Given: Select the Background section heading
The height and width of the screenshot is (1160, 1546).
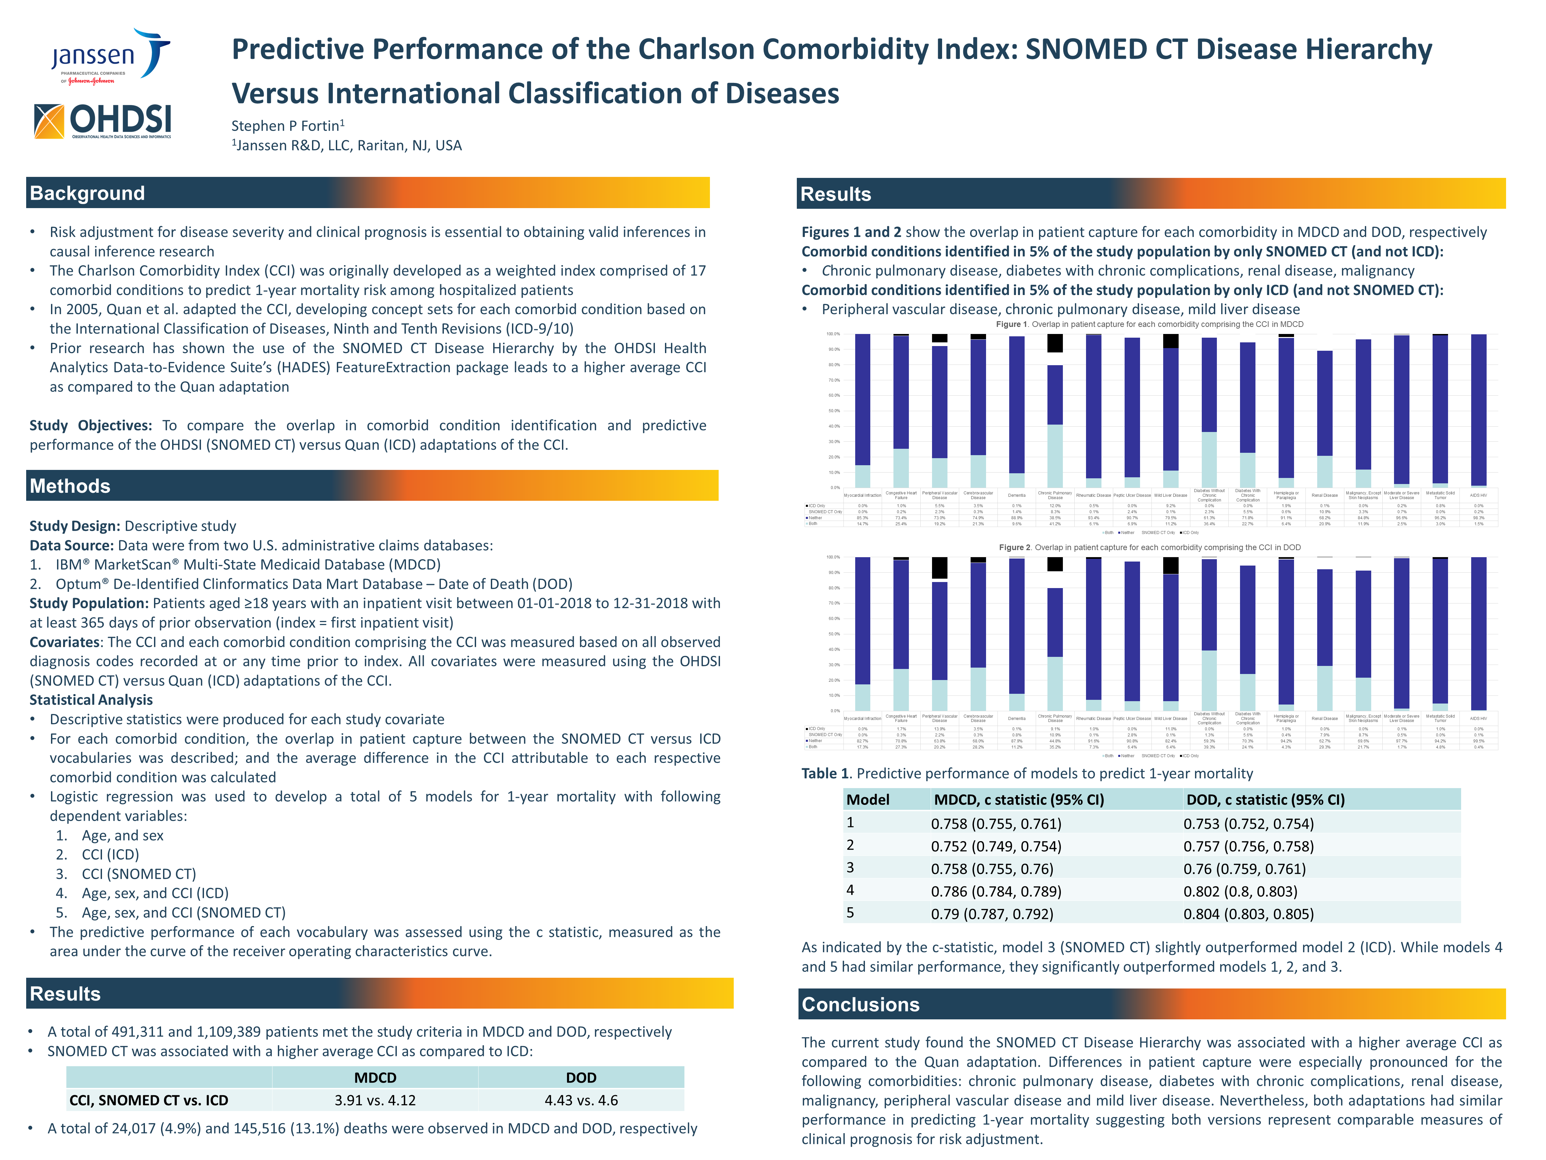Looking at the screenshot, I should click(87, 193).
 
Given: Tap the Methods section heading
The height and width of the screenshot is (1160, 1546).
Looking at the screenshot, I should click(70, 486).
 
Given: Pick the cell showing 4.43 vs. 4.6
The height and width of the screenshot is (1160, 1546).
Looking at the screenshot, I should click(581, 1100).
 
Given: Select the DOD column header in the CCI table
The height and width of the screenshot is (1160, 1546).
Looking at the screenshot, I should click(581, 1077).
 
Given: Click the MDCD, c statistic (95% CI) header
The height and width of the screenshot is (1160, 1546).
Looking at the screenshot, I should click(1018, 799).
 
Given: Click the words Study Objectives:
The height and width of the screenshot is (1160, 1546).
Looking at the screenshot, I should click(90, 425).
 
